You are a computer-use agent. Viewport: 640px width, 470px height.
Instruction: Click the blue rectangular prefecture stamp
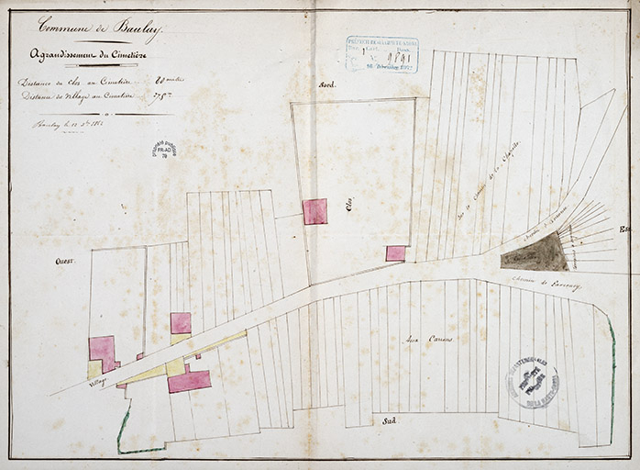click(x=381, y=54)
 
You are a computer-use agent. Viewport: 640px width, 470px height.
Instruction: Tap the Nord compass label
click(x=327, y=84)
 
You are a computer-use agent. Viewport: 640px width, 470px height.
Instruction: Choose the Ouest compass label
click(x=64, y=261)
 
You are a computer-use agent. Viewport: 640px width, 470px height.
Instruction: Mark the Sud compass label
click(x=389, y=420)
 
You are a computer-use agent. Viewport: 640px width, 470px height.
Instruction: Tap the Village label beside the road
click(x=97, y=380)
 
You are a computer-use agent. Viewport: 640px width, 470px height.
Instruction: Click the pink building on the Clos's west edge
click(x=314, y=211)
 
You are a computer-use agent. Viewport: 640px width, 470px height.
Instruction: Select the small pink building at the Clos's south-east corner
click(x=395, y=252)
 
